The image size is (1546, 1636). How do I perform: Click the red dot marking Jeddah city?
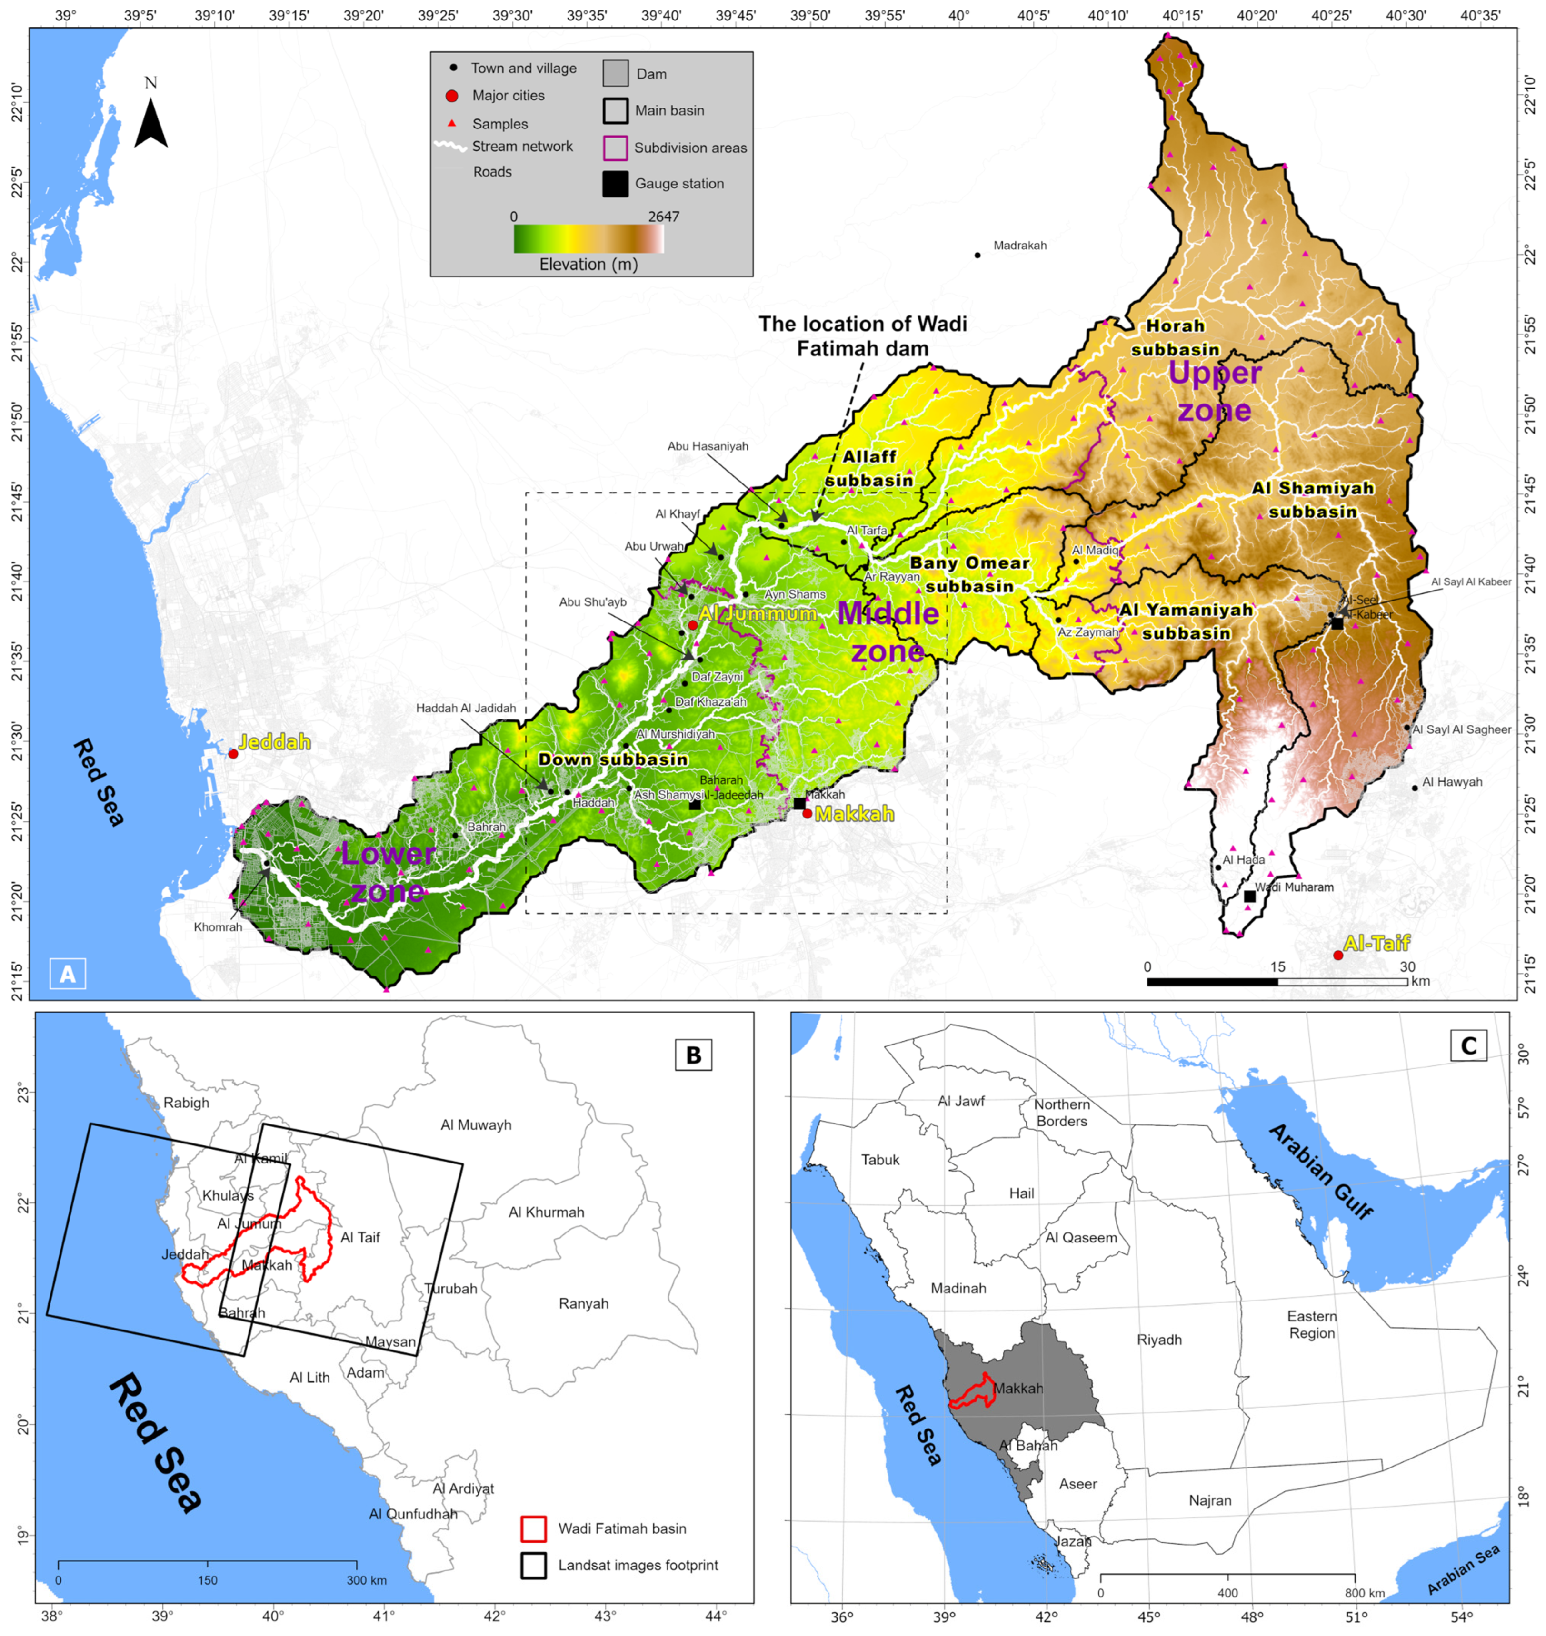(x=233, y=754)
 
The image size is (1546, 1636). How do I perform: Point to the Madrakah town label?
(x=1019, y=246)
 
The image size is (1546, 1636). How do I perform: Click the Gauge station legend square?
(x=615, y=184)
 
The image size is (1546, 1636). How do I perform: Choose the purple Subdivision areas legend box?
(x=615, y=148)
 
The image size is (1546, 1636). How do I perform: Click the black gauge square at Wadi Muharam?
(x=1249, y=896)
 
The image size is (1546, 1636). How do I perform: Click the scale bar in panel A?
(x=1277, y=981)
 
